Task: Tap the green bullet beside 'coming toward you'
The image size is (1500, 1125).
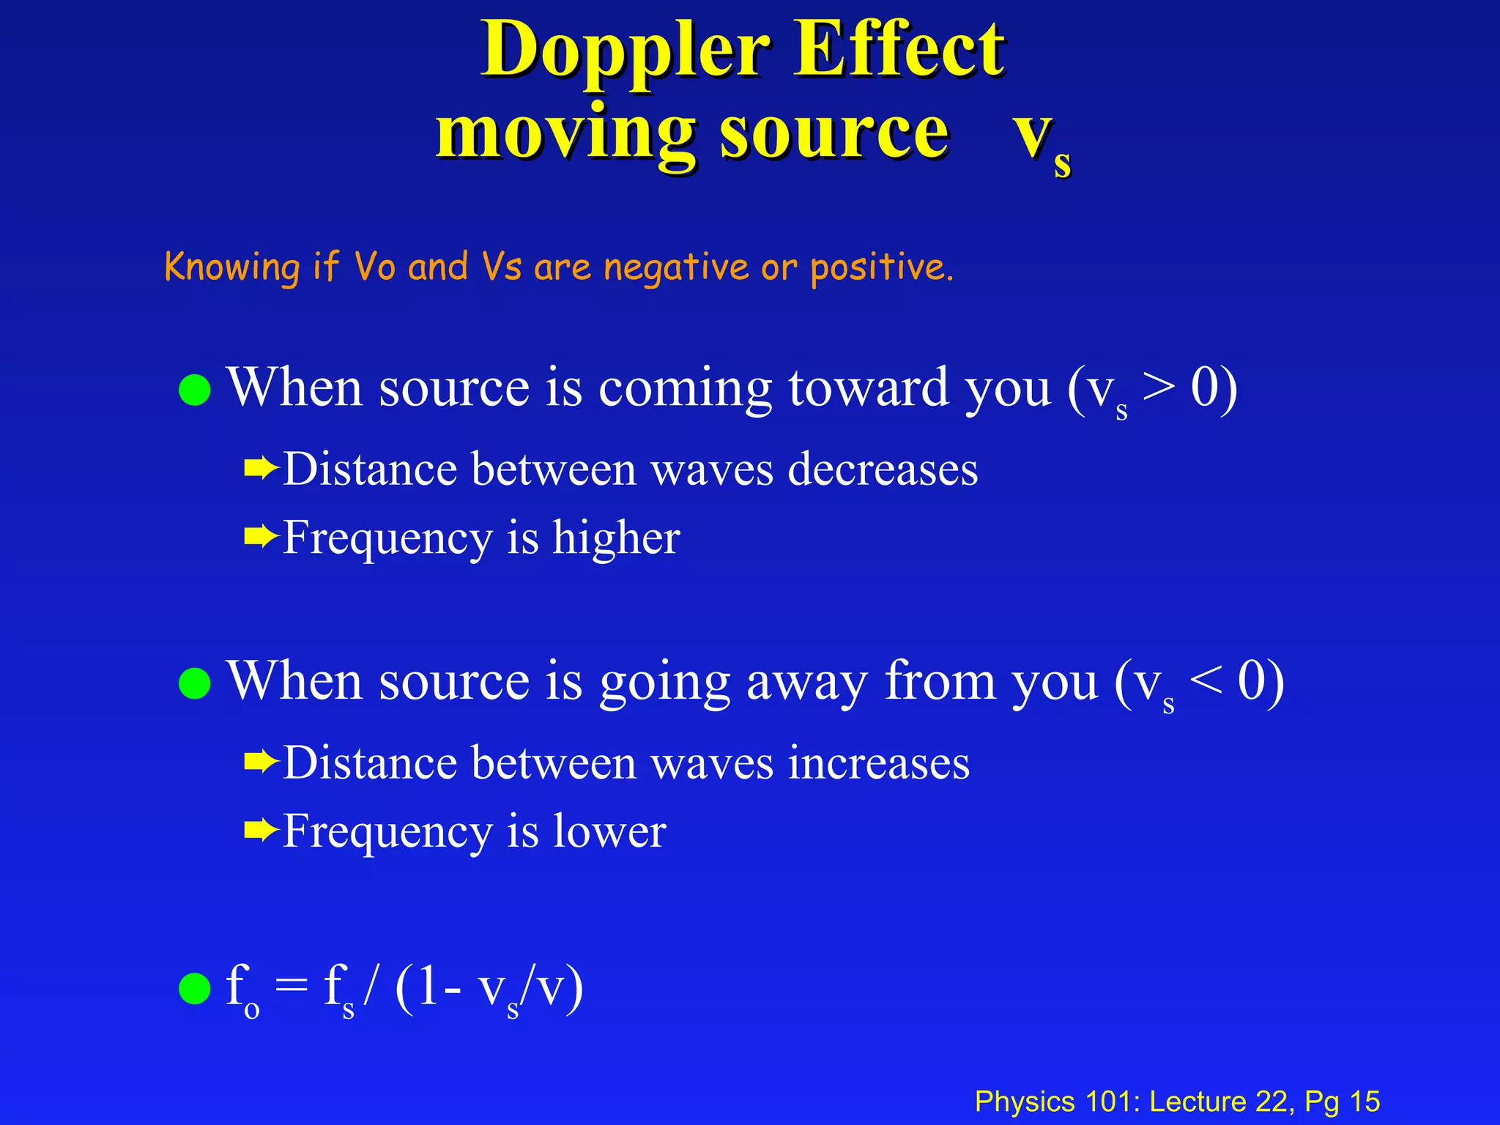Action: click(195, 390)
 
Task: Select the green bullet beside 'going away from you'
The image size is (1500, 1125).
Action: click(195, 683)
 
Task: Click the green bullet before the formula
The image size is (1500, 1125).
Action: click(195, 989)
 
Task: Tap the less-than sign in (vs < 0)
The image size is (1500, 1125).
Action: click(1206, 681)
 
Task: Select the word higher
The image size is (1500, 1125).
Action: click(616, 538)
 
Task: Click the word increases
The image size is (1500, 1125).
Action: click(879, 763)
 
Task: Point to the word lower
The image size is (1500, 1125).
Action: click(609, 831)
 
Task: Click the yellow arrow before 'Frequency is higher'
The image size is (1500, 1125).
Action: click(261, 538)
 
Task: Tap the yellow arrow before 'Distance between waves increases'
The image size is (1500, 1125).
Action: click(261, 763)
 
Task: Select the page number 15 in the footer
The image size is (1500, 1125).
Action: click(1365, 1102)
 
